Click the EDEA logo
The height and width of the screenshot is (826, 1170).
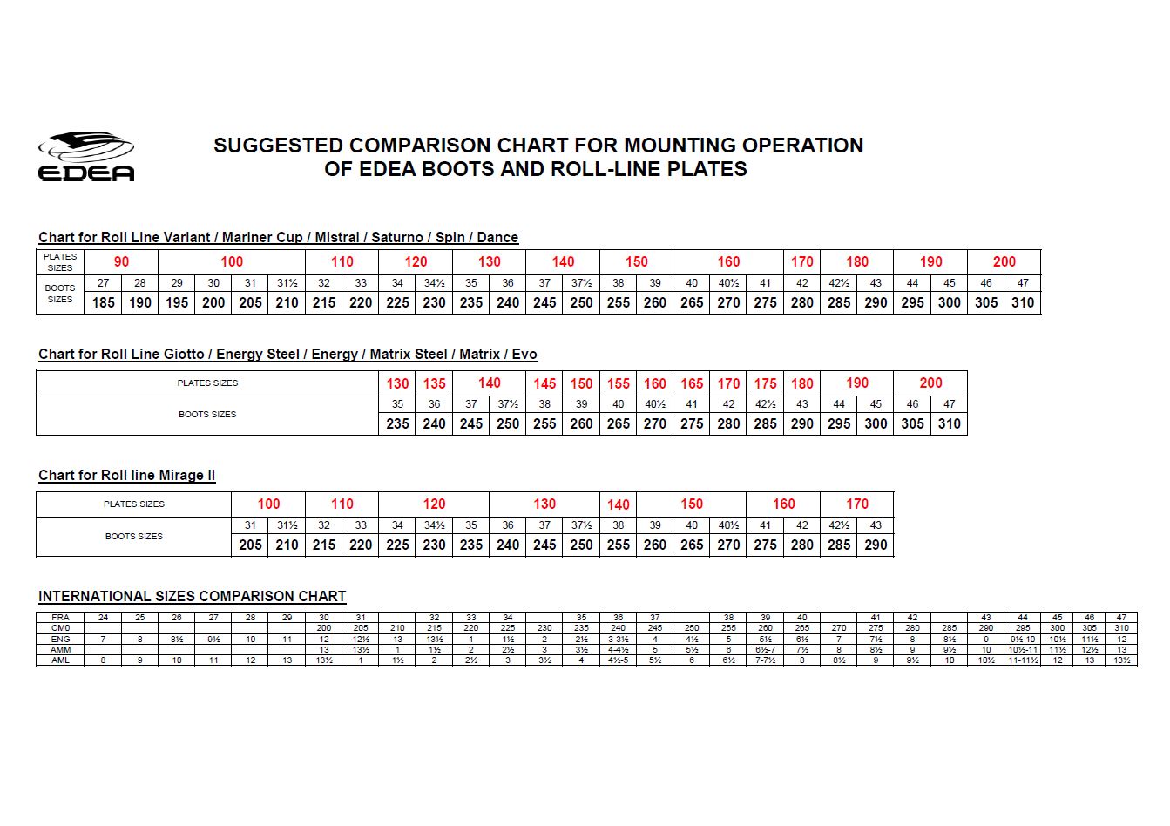coord(85,157)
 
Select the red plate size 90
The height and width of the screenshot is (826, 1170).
coord(121,261)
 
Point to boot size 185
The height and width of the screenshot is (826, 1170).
coord(103,302)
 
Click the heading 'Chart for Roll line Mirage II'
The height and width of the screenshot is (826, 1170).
coord(127,475)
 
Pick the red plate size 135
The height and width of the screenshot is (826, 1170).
coord(434,383)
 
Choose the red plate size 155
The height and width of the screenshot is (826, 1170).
coord(618,383)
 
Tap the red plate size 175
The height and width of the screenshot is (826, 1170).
coord(765,383)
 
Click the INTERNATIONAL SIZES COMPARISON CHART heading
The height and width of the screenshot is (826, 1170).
coord(192,596)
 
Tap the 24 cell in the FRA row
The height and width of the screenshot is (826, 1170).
coord(103,618)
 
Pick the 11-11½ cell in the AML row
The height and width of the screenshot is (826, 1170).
coord(1022,660)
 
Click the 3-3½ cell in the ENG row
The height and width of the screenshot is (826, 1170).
coord(618,639)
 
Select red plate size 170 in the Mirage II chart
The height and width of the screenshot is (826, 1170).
coord(856,504)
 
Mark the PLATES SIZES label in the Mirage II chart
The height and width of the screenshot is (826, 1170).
coord(133,504)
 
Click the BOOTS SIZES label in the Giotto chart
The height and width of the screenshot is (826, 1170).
coord(207,414)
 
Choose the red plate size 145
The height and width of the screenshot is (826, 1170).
coord(544,383)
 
